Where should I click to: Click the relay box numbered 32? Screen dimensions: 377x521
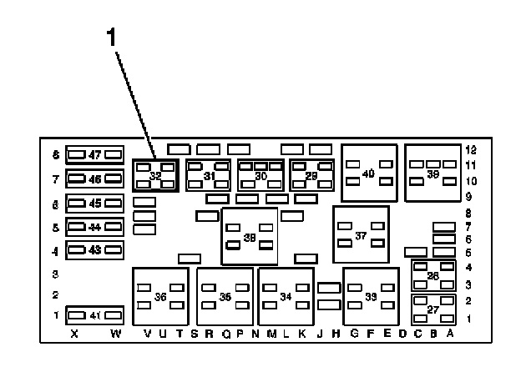(x=155, y=176)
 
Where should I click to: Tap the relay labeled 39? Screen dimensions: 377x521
(x=432, y=173)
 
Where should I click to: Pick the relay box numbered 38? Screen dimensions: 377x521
(x=249, y=237)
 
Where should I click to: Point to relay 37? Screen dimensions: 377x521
(x=361, y=236)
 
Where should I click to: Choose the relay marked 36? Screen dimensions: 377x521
(x=160, y=296)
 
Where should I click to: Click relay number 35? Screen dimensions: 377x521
(x=225, y=296)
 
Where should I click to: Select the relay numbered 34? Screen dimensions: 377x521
(x=286, y=296)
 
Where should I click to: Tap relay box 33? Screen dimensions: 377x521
(x=370, y=296)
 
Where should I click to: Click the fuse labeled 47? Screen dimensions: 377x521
(x=95, y=154)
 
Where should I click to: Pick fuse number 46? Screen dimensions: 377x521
(x=95, y=178)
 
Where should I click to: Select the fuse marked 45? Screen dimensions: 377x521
(x=95, y=203)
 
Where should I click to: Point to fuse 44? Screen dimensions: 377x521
(x=95, y=227)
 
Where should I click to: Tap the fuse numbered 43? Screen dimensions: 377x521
(x=95, y=249)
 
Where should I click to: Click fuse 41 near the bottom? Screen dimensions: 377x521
(x=95, y=315)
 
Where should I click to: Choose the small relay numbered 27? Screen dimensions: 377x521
(x=433, y=309)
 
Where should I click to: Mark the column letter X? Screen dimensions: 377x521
(x=74, y=334)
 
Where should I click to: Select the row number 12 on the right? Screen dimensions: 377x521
(x=471, y=149)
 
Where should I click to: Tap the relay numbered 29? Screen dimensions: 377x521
(x=311, y=176)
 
